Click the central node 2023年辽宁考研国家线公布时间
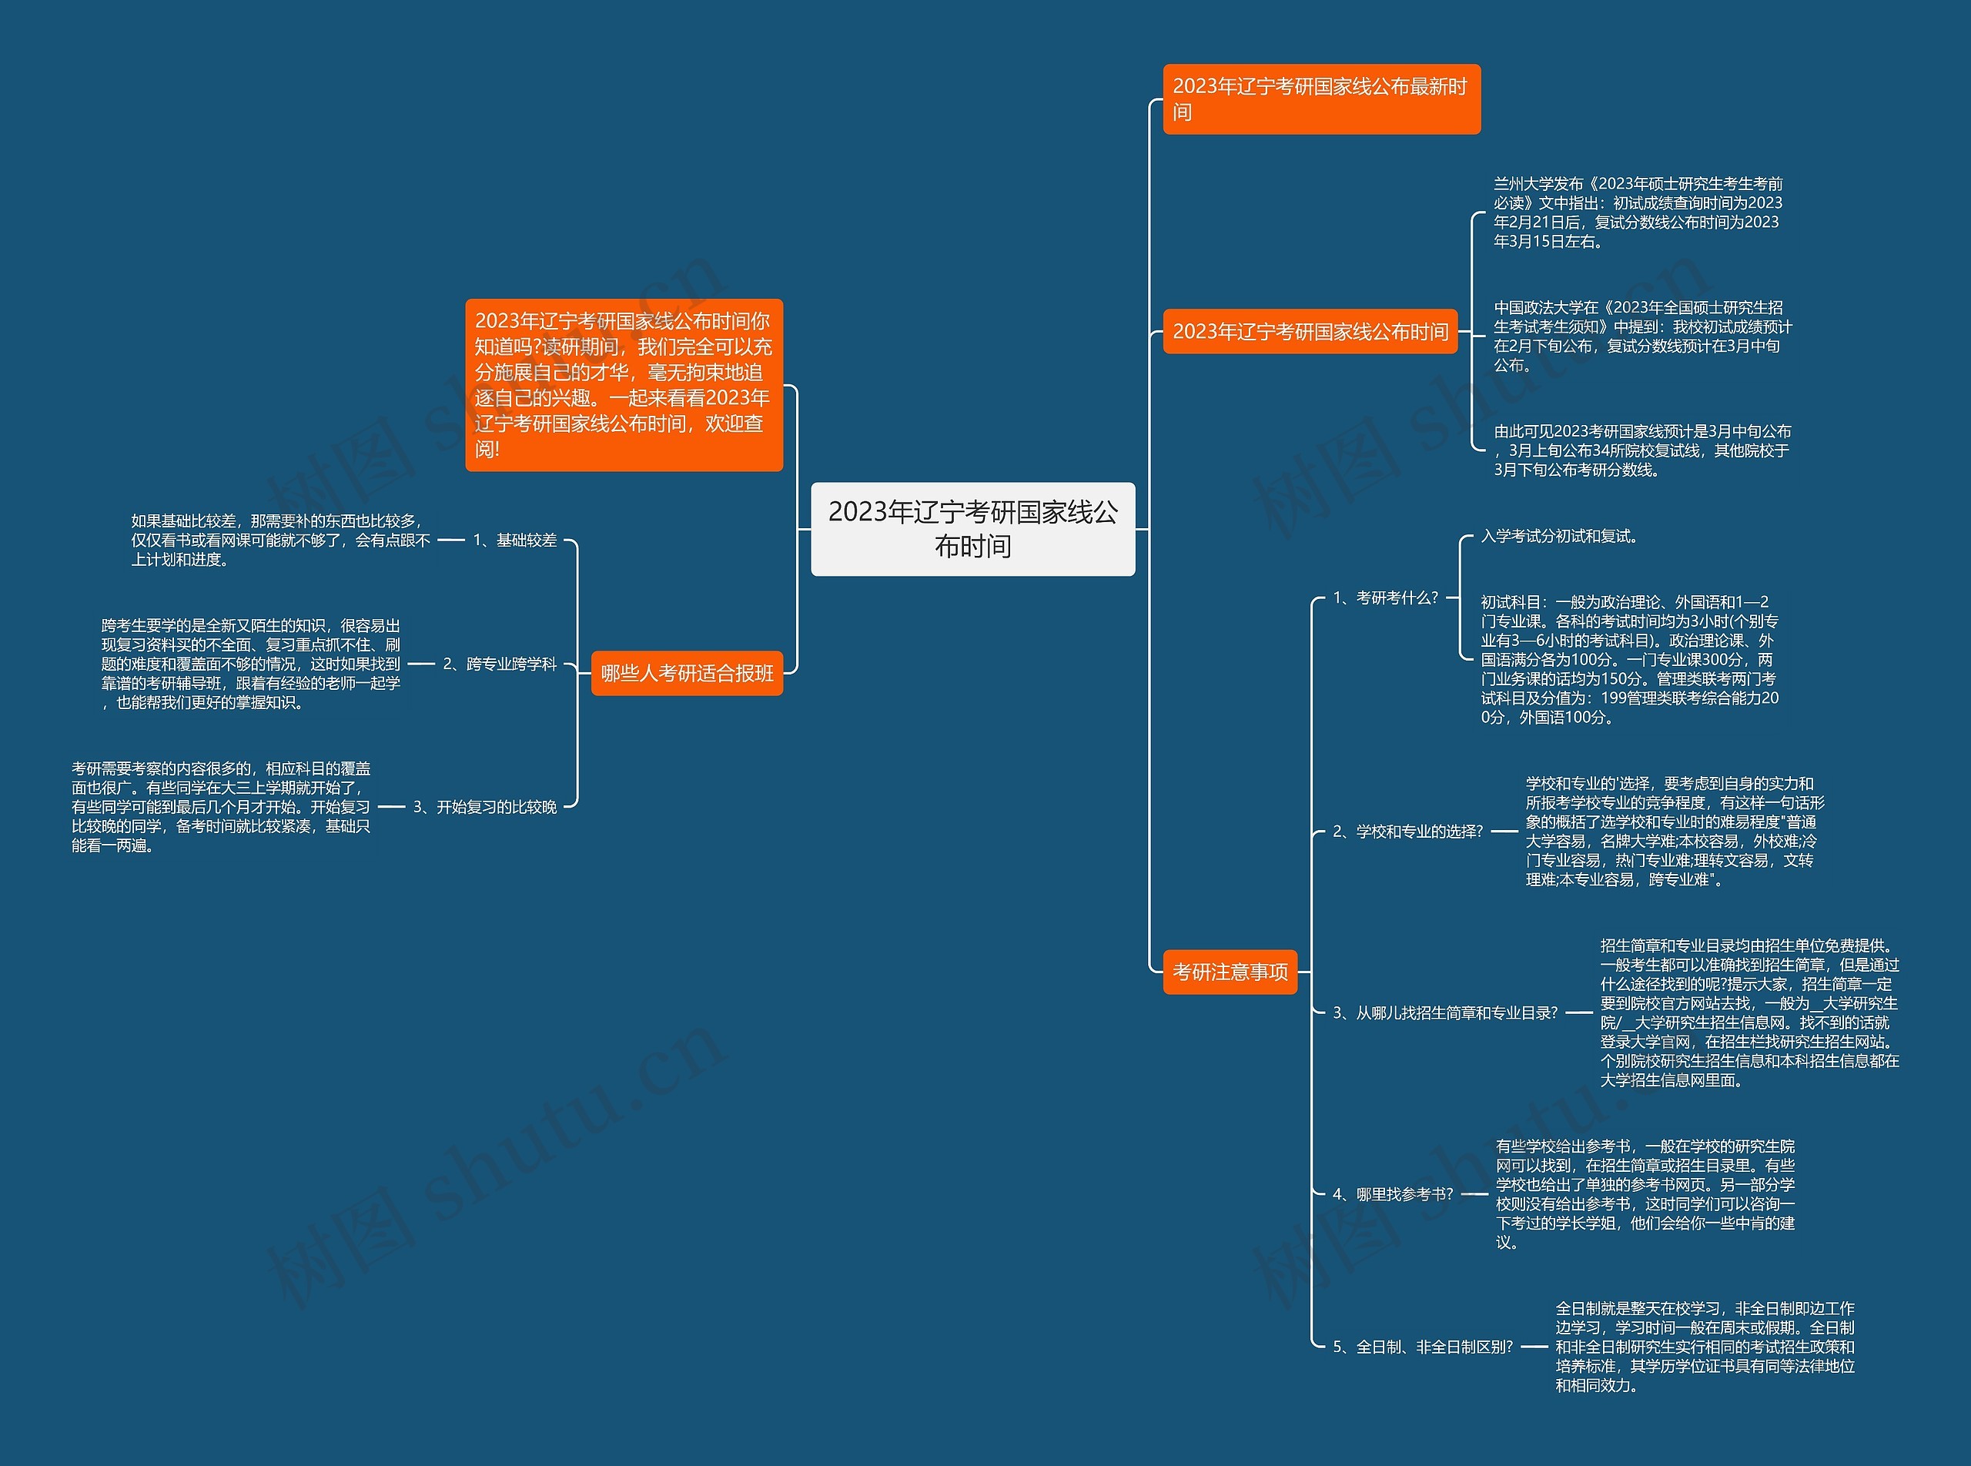(x=972, y=529)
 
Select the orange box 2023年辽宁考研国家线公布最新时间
(x=1320, y=99)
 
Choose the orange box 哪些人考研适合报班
(x=687, y=674)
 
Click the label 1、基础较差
(x=515, y=540)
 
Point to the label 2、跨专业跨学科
(x=500, y=664)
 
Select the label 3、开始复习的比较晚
(x=485, y=807)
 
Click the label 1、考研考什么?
(x=1385, y=598)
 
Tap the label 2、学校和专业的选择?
(x=1407, y=832)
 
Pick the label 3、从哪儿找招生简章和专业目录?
(x=1444, y=1012)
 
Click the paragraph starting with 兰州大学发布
(x=1638, y=212)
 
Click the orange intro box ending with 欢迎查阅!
(x=624, y=384)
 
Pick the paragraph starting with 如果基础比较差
(x=280, y=540)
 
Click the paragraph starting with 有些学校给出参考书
(x=1645, y=1194)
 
